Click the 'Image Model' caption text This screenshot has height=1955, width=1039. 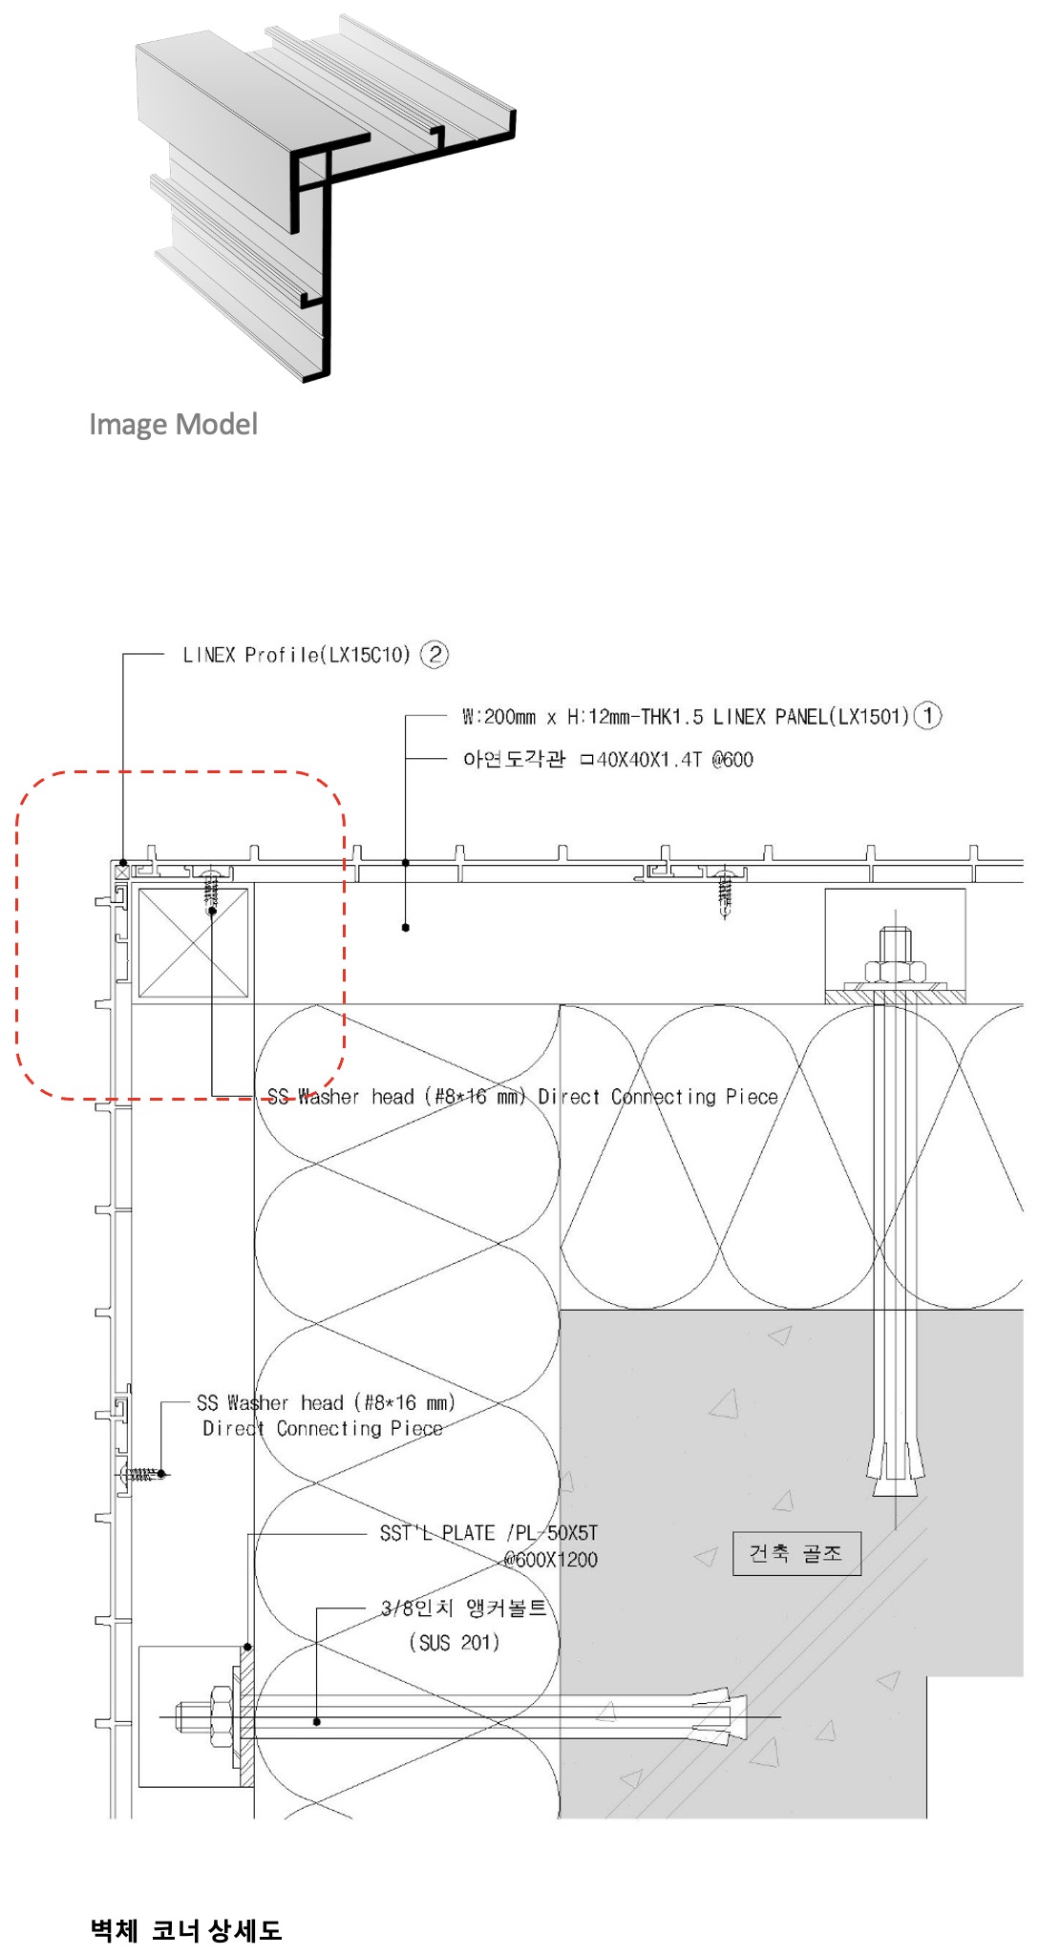click(x=173, y=424)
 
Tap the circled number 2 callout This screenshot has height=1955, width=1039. click(x=435, y=654)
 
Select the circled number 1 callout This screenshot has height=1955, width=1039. click(x=927, y=715)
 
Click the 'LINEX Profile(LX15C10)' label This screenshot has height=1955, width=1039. click(x=296, y=655)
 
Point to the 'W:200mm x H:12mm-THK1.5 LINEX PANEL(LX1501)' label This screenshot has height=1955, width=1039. click(x=686, y=716)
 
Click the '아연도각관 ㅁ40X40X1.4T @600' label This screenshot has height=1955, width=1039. click(x=608, y=760)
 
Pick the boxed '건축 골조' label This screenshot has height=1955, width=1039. click(x=796, y=1553)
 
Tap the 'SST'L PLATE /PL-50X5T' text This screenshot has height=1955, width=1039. click(x=489, y=1533)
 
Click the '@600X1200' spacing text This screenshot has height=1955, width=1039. click(x=550, y=1560)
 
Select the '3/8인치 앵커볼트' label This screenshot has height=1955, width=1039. click(x=464, y=1608)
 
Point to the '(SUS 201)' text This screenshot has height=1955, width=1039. click(x=455, y=1642)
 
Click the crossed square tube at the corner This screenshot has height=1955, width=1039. click(x=194, y=943)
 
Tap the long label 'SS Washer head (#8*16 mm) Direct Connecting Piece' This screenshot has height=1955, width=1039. click(x=522, y=1097)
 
